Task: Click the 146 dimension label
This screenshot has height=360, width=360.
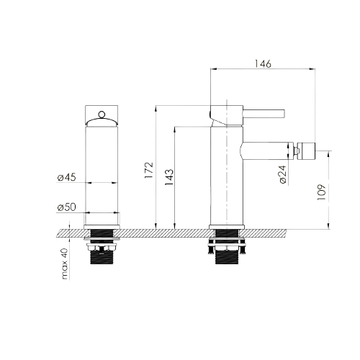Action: tap(263, 64)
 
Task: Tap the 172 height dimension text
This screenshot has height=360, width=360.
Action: tap(149, 171)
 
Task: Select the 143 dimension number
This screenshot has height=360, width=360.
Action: tap(169, 177)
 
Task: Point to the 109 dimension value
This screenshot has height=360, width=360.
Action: tap(322, 192)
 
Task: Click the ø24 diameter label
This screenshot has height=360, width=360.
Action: tap(283, 174)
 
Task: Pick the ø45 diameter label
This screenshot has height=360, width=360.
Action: tap(66, 177)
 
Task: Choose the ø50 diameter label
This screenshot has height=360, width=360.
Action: tap(66, 207)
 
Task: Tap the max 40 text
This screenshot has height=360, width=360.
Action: tap(65, 264)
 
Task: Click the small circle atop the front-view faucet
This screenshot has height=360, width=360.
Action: tap(102, 114)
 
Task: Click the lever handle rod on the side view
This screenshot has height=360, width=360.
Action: tap(264, 114)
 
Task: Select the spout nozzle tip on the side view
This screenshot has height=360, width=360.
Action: tap(306, 151)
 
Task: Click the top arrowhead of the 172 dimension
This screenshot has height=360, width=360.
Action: tap(156, 109)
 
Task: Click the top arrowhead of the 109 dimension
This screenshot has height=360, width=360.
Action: tap(329, 154)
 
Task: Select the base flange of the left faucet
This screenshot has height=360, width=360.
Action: tap(102, 227)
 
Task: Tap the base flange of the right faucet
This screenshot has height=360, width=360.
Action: tap(227, 227)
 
